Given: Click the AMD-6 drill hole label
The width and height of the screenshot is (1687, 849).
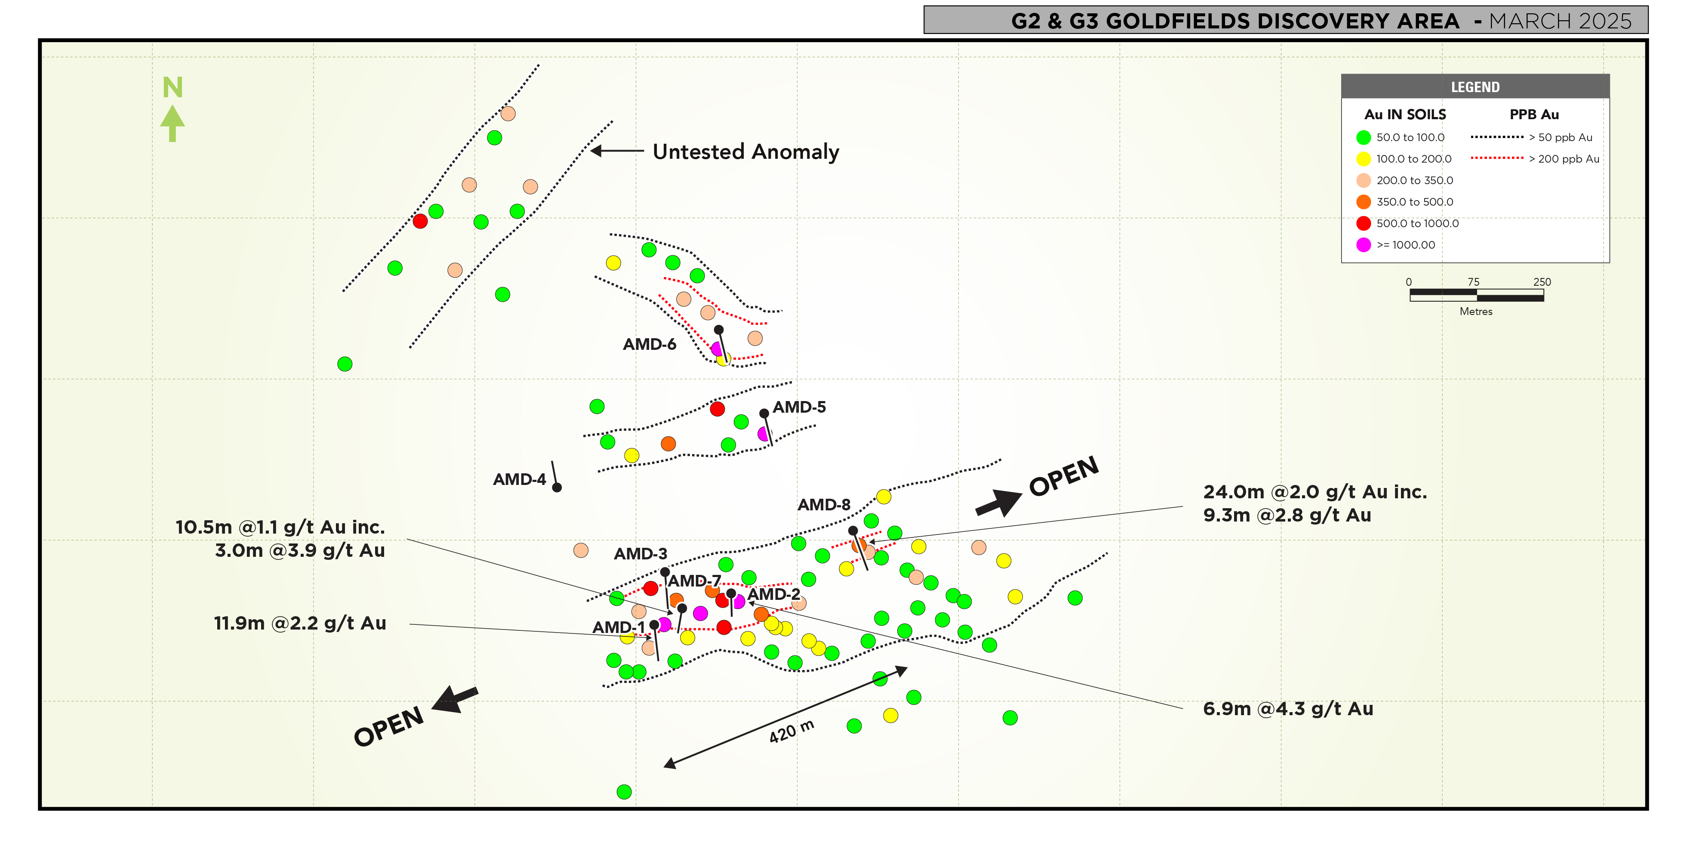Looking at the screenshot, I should click(649, 345).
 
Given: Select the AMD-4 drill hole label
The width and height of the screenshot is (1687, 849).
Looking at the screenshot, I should click(519, 479).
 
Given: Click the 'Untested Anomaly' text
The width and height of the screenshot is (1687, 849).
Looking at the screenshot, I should click(745, 152).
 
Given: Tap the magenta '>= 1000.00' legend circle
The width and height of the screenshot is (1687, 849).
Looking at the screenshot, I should click(1364, 245).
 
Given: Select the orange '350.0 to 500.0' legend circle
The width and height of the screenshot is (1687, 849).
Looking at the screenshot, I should click(1364, 202).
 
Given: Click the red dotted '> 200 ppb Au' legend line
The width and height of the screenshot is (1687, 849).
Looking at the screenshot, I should click(1497, 158).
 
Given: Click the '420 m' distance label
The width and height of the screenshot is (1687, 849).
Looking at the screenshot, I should click(791, 732).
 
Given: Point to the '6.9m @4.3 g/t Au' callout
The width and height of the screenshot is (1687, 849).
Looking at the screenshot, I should click(1287, 709).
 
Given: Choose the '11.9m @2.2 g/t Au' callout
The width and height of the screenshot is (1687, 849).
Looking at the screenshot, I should click(300, 623).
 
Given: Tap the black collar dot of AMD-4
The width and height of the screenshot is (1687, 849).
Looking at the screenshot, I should click(557, 488).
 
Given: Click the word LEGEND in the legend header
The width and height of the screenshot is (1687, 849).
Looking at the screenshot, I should click(1475, 87).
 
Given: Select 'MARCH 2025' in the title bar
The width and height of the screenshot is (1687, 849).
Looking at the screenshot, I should click(1560, 21).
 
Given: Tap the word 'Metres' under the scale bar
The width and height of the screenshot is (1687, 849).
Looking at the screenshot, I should click(1475, 312).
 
